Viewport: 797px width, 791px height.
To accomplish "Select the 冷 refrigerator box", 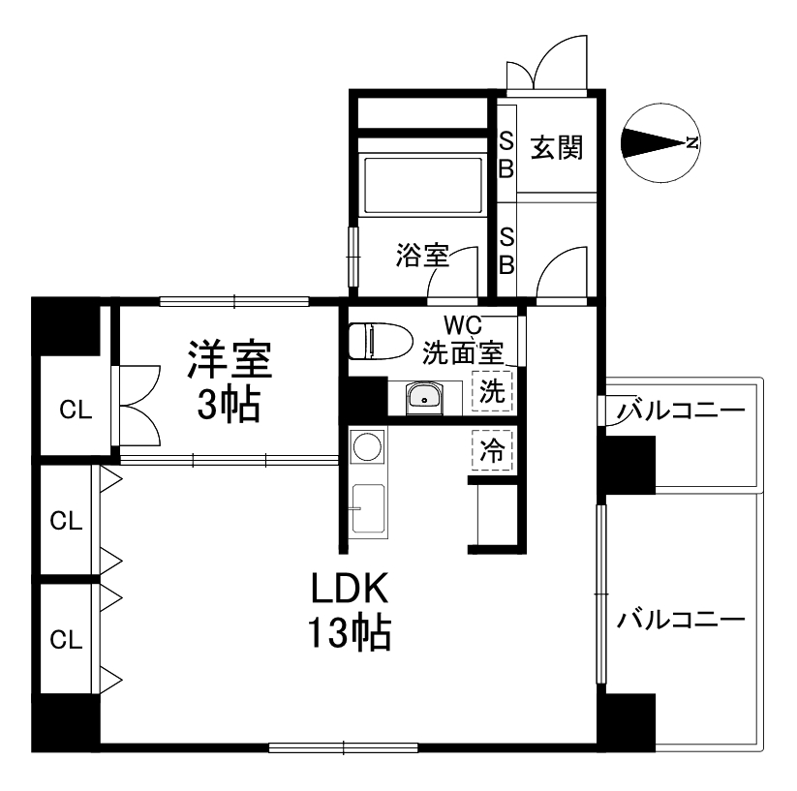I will click(492, 448).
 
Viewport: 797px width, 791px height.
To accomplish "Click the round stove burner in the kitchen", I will click(368, 446).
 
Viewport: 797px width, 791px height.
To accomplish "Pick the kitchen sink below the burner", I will click(369, 507).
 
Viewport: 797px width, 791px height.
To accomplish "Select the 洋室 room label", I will click(230, 358).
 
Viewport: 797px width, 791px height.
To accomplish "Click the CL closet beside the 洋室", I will click(76, 410).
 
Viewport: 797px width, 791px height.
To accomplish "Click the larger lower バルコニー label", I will click(681, 618).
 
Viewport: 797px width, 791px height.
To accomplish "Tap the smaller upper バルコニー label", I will click(682, 411).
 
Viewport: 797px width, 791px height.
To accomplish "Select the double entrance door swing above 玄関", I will click(547, 63).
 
